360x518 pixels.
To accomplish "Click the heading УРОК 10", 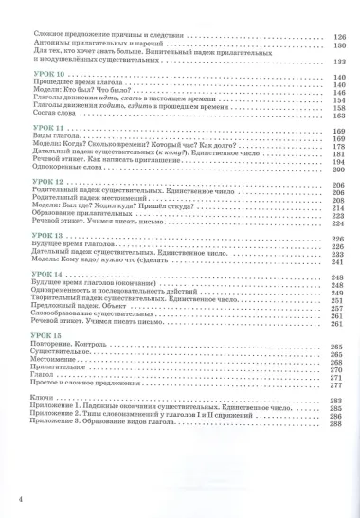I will click(x=45, y=76).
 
